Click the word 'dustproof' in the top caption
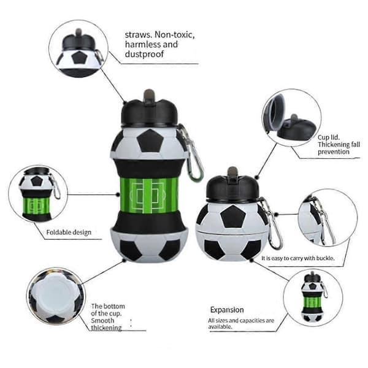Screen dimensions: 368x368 tap(144, 54)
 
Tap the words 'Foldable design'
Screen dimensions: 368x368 tap(69, 232)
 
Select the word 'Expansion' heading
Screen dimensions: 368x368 tap(227, 310)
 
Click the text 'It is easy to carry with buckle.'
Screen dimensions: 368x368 tap(298, 258)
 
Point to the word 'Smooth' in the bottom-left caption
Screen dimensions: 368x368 tap(102, 320)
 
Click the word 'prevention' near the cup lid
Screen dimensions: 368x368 tap(334, 151)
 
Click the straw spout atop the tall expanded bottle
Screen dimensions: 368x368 tap(149, 96)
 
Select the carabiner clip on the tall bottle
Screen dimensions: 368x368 tap(192, 153)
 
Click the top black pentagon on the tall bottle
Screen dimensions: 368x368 tap(150, 140)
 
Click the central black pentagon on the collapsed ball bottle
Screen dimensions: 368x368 tap(233, 217)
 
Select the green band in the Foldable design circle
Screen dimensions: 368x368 tap(36, 205)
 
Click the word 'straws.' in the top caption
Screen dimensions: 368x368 tap(139, 35)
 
